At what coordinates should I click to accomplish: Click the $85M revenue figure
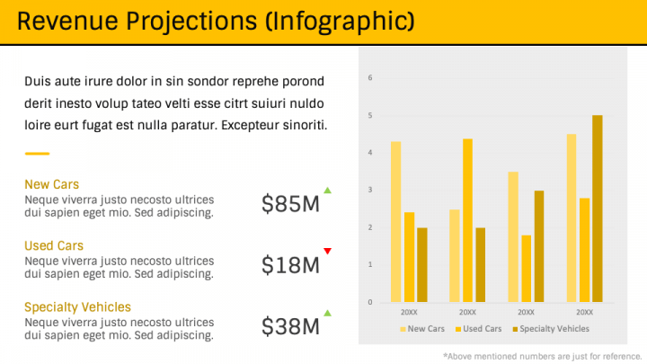pyautogui.click(x=290, y=203)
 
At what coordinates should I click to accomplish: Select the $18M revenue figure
pyautogui.click(x=290, y=265)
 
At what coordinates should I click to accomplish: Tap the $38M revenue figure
pyautogui.click(x=290, y=326)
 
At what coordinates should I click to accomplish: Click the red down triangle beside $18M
pyautogui.click(x=328, y=251)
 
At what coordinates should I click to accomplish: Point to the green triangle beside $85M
pyautogui.click(x=328, y=191)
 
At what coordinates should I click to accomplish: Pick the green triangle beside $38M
pyautogui.click(x=328, y=313)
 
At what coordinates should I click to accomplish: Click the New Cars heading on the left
pyautogui.click(x=51, y=184)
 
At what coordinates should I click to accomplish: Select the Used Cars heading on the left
pyautogui.click(x=54, y=245)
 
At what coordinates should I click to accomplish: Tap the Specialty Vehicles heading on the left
pyautogui.click(x=77, y=307)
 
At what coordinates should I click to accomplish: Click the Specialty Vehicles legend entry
pyautogui.click(x=551, y=329)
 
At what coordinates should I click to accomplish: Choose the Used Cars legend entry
pyautogui.click(x=479, y=329)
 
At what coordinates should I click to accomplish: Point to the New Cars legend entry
pyautogui.click(x=422, y=329)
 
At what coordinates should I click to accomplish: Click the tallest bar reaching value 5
pyautogui.click(x=598, y=209)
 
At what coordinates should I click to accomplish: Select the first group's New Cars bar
pyautogui.click(x=395, y=222)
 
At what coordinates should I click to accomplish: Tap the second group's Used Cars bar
pyautogui.click(x=467, y=220)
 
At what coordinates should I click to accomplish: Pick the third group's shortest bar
pyautogui.click(x=526, y=268)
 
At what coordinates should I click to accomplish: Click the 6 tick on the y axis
pyautogui.click(x=370, y=77)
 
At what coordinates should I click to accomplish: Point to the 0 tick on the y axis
pyautogui.click(x=370, y=302)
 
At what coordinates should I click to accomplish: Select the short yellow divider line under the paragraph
pyautogui.click(x=37, y=154)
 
